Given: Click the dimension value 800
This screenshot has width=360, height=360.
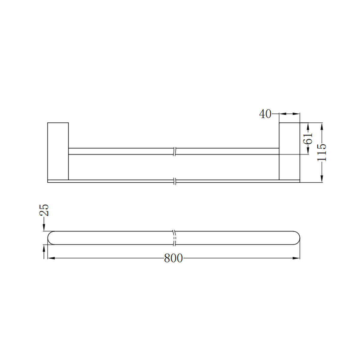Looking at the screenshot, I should [x=173, y=258].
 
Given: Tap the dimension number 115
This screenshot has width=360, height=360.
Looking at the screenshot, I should [x=322, y=152].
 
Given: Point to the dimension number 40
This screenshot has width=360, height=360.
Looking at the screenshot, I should [x=265, y=114].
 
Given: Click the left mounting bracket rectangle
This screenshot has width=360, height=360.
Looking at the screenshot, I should [x=58, y=151].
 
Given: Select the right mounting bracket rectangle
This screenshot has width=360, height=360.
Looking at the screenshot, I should [x=289, y=151].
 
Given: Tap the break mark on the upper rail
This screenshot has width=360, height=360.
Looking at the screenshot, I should [x=175, y=151].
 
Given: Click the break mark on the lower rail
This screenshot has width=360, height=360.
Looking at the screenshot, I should [x=175, y=181].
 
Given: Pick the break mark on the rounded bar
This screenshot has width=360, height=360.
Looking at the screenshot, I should [x=174, y=238].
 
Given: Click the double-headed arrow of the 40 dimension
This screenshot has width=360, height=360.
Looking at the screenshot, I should [x=289, y=114].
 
